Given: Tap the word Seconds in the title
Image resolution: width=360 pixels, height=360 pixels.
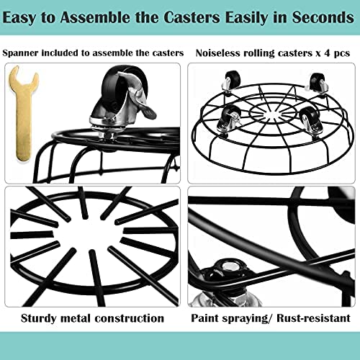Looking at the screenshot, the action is (x=323, y=17).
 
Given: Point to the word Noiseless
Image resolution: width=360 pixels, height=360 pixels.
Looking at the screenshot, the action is (x=217, y=53).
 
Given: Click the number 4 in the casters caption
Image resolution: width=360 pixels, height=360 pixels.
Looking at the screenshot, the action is (x=327, y=53).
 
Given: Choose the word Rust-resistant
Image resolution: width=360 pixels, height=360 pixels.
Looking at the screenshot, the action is (x=313, y=318).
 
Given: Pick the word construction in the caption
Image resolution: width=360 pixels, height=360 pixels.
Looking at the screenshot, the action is (x=130, y=319).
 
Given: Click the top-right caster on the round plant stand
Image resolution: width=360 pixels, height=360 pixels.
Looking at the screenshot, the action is (x=318, y=82).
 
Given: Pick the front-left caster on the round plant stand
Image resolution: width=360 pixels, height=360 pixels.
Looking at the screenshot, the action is (x=229, y=120).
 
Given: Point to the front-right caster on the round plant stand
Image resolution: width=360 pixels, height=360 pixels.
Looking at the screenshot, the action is (x=311, y=121).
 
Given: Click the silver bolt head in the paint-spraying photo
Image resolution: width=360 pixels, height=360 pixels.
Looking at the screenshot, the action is (x=228, y=266).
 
